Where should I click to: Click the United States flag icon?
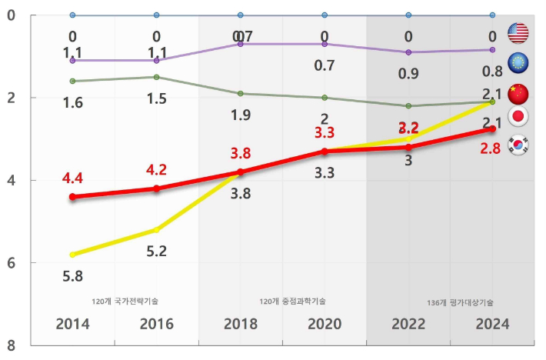click(x=519, y=33)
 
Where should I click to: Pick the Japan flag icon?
click(x=519, y=117)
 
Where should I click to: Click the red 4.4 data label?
click(x=73, y=178)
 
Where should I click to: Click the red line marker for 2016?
click(x=157, y=188)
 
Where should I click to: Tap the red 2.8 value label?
click(x=491, y=148)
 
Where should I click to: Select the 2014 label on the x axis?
click(x=72, y=325)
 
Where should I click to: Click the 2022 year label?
click(x=408, y=325)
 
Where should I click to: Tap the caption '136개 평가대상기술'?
click(x=460, y=303)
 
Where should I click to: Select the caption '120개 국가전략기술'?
click(x=125, y=301)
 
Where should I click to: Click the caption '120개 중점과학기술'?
click(x=292, y=301)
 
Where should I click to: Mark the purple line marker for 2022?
click(x=408, y=52)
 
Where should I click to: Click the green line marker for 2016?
click(x=157, y=77)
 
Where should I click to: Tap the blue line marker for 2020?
click(x=325, y=15)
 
